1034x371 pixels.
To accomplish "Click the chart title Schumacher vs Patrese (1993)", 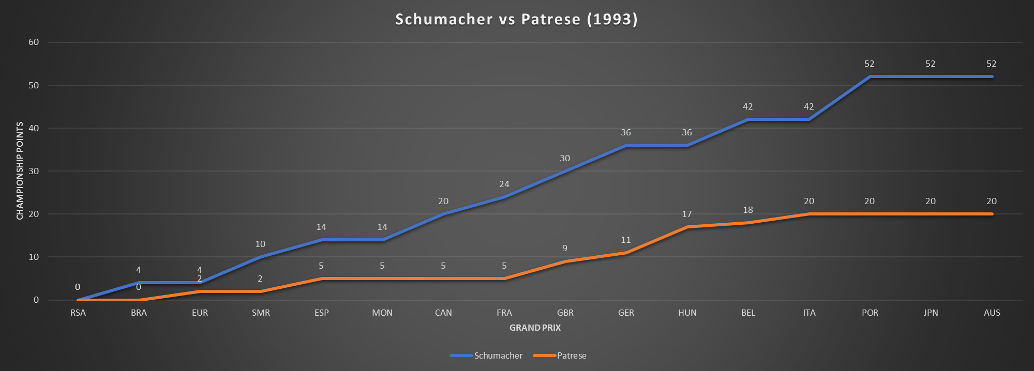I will (x=516, y=19).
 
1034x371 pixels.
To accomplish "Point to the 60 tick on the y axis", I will (x=34, y=42).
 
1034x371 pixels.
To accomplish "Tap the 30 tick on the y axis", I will (x=34, y=171).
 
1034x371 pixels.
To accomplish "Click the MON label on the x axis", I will (x=382, y=313).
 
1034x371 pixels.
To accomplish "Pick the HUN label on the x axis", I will (x=687, y=313).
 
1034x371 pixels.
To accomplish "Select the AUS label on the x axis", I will (x=992, y=313).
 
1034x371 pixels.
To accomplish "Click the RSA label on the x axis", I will (x=78, y=313).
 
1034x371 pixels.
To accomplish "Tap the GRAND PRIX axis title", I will (x=535, y=328).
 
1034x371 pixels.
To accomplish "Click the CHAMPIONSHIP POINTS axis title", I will (x=20, y=171).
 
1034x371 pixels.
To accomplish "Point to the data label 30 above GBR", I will (x=564, y=158).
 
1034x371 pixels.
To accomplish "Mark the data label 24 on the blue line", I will (x=504, y=184).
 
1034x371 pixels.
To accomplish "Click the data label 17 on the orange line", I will (x=686, y=214).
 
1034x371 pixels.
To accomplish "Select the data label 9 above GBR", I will (x=564, y=248).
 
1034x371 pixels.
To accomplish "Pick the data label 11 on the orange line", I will (x=626, y=240).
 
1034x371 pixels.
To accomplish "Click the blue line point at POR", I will (x=870, y=76).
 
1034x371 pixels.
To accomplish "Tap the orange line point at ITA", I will (x=809, y=214).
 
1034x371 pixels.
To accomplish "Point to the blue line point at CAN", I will (x=443, y=214).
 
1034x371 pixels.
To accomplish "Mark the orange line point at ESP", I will (x=321, y=279).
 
